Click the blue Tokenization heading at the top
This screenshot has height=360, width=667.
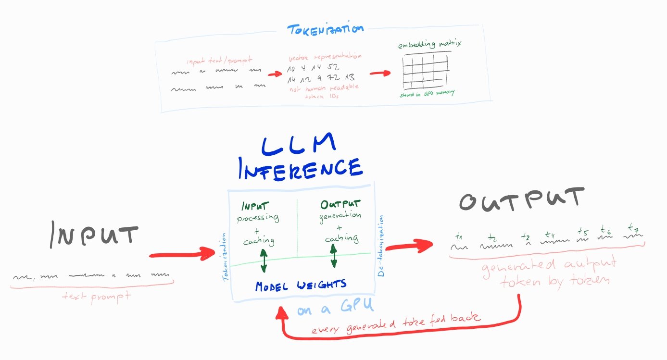pyautogui.click(x=325, y=30)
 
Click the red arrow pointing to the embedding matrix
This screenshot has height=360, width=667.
pyautogui.click(x=380, y=74)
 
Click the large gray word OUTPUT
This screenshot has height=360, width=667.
pyautogui.click(x=521, y=200)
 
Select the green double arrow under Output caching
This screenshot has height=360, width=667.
pyautogui.click(x=333, y=255)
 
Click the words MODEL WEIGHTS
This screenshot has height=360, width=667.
pyautogui.click(x=301, y=285)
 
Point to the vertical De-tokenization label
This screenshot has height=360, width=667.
pyautogui.click(x=381, y=246)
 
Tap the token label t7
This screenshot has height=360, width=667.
pyautogui.click(x=633, y=227)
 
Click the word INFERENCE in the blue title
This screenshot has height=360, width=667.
pyautogui.click(x=302, y=168)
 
